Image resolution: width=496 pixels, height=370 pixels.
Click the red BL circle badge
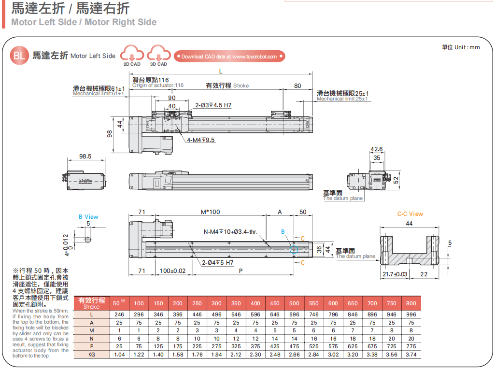19,56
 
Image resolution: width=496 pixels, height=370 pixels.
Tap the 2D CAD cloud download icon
132,55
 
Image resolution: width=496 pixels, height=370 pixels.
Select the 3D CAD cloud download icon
158,55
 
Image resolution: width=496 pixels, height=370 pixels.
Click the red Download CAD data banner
229,57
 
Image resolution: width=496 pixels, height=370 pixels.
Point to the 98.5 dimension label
85,157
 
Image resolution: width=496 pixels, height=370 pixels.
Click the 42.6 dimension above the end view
376,149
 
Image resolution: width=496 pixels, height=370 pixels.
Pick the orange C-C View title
410,214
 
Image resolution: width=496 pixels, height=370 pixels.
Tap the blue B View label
88,217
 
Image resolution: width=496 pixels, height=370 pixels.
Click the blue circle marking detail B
294,249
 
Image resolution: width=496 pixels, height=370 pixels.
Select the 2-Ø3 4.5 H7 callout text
213,105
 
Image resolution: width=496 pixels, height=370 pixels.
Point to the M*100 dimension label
210,212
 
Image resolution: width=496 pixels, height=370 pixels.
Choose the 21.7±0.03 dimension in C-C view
395,274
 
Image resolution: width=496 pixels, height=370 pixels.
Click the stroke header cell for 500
294,303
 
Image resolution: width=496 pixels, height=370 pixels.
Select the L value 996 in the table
411,314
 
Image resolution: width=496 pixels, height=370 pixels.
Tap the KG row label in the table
92,355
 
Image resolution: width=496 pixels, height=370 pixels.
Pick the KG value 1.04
119,355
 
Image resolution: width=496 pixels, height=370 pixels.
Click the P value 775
411,347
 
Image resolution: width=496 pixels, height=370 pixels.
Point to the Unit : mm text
461,47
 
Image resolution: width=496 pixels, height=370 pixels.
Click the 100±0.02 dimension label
172,271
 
